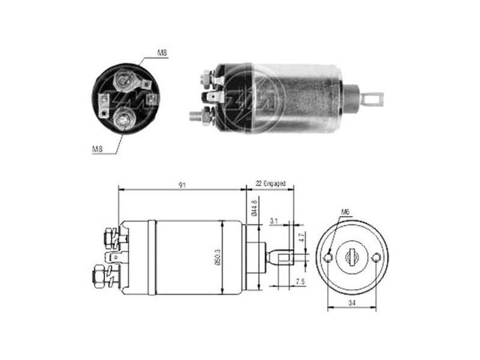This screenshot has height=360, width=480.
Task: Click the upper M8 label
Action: pos(162,53)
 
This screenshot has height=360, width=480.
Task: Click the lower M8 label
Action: pos(97,149)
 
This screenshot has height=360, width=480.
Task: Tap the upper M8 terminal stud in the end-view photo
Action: pos(123,79)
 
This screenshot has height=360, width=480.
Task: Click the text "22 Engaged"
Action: pos(271,182)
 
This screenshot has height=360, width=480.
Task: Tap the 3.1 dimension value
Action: pos(274,220)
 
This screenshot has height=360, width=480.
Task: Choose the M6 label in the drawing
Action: pos(346,212)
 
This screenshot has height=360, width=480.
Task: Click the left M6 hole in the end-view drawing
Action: pos(328,258)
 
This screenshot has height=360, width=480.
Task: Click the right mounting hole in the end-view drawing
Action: pos(376,258)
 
